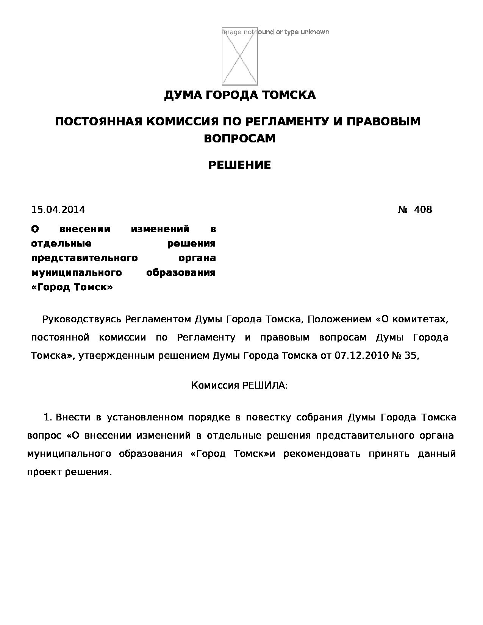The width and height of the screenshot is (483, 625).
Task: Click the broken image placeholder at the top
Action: click(x=240, y=56)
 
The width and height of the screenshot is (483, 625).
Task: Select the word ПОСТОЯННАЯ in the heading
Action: click(x=98, y=122)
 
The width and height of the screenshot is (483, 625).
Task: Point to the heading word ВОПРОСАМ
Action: click(x=240, y=139)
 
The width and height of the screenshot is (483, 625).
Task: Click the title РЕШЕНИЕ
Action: click(x=240, y=165)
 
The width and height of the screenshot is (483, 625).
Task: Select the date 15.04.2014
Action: click(x=58, y=209)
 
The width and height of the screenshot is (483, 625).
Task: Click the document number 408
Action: click(x=423, y=209)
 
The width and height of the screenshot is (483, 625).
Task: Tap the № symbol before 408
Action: click(x=402, y=209)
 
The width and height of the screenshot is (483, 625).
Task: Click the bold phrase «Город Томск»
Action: click(x=72, y=287)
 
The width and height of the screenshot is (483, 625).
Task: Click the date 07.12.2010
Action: click(x=361, y=356)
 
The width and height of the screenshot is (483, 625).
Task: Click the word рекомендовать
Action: click(x=322, y=454)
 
